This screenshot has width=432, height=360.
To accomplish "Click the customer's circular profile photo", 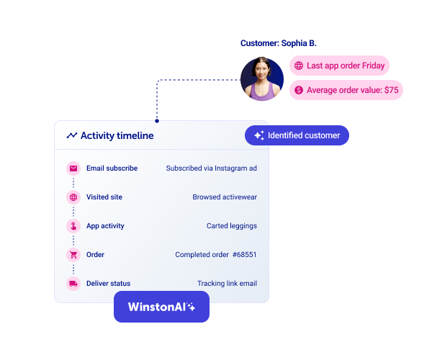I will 262,79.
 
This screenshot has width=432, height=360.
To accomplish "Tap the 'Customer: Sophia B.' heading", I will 278,43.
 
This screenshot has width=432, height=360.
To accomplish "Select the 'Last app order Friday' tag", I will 339,66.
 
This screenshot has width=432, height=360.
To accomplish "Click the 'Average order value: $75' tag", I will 346,90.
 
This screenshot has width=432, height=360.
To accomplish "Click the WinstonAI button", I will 161,307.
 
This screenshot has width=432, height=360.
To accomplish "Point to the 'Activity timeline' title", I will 117,135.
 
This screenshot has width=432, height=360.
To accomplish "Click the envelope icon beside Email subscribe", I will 73,168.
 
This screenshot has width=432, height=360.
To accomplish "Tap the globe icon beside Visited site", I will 73,197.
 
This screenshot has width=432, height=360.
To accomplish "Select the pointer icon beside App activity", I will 73,226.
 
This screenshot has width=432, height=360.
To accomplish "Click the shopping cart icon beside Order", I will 73,255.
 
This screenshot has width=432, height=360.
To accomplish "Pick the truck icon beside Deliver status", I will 73,284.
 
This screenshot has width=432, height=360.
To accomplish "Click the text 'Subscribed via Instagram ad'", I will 211,168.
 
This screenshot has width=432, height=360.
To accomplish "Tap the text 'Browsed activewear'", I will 225,197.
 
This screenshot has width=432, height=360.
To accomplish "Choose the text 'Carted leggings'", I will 231,226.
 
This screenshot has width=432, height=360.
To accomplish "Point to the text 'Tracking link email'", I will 227,284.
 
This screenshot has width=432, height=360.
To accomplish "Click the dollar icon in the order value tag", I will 299,90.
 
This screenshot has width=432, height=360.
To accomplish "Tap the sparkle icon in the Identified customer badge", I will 259,135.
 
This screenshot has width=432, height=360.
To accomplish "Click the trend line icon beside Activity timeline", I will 72,135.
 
